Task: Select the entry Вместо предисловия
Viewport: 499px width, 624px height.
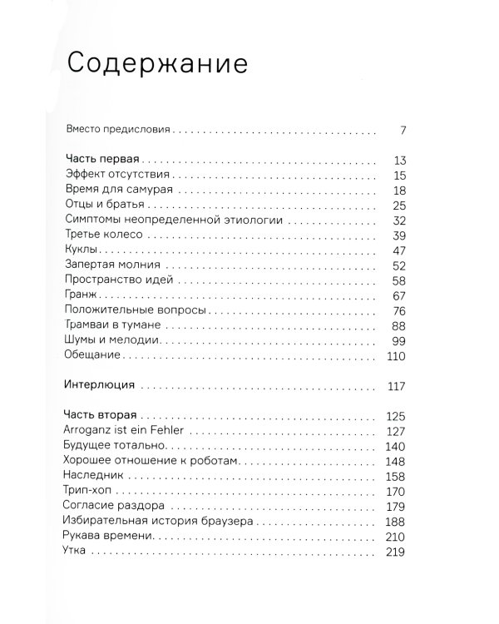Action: tap(117, 131)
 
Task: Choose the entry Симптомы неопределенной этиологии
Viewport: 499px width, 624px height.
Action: tap(173, 220)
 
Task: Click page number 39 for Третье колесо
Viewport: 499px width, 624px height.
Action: tap(397, 235)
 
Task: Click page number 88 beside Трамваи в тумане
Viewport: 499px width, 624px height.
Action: tap(397, 325)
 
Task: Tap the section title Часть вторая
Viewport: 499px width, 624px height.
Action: tap(101, 416)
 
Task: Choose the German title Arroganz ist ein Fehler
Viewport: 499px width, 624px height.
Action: tap(122, 431)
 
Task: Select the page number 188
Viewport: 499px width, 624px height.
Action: tap(395, 521)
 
